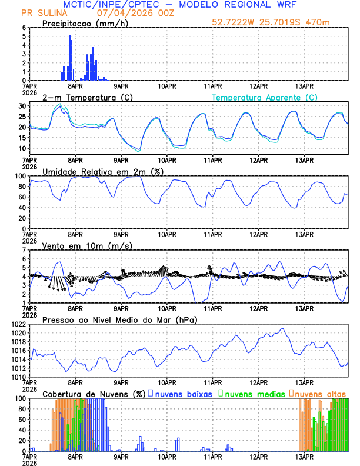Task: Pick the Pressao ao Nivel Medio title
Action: click(x=120, y=319)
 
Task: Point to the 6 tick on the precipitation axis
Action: click(x=24, y=28)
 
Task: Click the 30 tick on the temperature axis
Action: click(x=22, y=106)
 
